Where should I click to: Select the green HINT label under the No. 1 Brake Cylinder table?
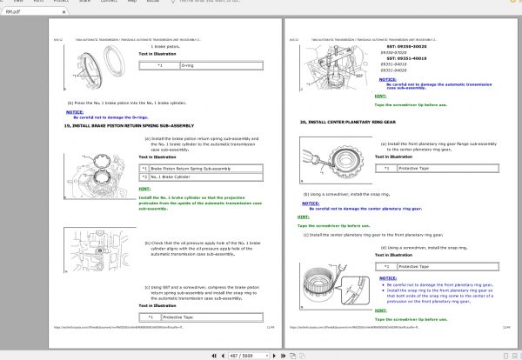pyautogui.click(x=144, y=189)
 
